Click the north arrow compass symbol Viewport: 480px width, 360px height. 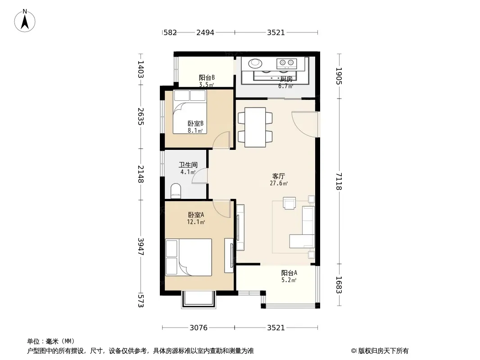(25, 21)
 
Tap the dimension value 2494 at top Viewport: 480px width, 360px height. (205, 32)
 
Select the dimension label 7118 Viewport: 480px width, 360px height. (339, 181)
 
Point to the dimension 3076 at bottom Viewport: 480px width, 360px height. (199, 328)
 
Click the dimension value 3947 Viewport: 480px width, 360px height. (141, 247)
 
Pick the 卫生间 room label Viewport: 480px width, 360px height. (188, 165)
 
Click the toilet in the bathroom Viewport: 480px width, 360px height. (176, 190)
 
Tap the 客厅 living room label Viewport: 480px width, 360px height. (279, 176)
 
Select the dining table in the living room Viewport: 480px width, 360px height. (255, 127)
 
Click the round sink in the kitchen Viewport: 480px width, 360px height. (255, 63)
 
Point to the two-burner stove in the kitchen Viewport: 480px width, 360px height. (286, 63)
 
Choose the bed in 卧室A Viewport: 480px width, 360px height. (189, 257)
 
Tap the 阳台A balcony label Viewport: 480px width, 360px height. (289, 273)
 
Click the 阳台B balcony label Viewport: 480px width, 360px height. (207, 78)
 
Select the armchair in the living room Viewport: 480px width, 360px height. (289, 203)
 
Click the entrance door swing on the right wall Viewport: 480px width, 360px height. (305, 125)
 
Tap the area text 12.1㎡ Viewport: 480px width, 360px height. (196, 222)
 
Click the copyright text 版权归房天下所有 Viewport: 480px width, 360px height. (383, 351)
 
